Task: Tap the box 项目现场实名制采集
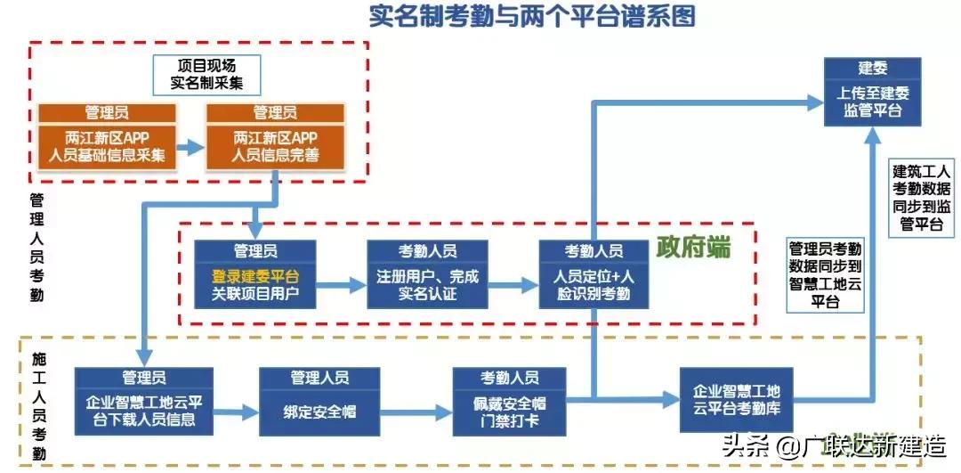click(x=206, y=75)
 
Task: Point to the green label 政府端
click(x=693, y=248)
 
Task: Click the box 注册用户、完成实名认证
click(x=428, y=275)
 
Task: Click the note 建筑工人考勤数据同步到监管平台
click(x=922, y=197)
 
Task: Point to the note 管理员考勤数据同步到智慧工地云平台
click(x=825, y=274)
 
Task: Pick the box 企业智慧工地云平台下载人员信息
click(x=143, y=402)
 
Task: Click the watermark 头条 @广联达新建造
click(x=833, y=444)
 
